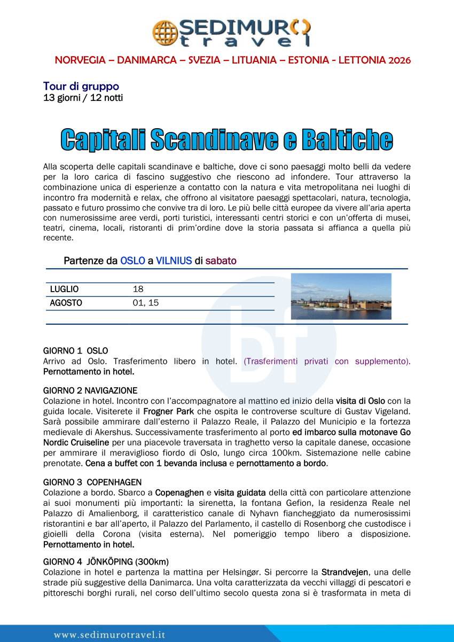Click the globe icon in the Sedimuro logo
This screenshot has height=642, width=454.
165,32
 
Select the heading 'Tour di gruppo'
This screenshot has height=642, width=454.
81,86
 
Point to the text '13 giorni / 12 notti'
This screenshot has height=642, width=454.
83,98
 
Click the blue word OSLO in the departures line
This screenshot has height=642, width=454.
132,261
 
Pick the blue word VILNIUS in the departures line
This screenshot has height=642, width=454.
174,261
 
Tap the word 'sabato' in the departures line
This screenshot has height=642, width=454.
221,261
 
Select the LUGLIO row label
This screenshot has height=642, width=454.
64,289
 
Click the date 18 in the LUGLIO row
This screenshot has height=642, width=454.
138,289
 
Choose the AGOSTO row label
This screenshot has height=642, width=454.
66,303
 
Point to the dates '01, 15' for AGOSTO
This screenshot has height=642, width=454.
146,303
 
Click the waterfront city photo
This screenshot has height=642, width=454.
341,296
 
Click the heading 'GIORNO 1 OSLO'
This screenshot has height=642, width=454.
75,351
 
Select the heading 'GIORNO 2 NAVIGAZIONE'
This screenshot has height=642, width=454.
90,390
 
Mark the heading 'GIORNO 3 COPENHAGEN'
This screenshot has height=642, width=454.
92,482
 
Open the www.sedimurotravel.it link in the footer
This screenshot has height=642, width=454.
109,635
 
